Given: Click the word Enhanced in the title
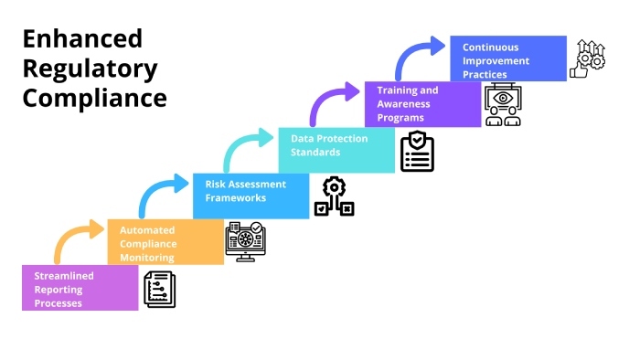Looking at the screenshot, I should (83, 38).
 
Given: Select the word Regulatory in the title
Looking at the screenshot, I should (91, 69).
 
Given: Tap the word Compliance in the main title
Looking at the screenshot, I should (95, 99).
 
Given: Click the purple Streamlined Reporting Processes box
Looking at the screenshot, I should (80, 288).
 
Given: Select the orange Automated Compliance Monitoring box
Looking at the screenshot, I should (165, 241).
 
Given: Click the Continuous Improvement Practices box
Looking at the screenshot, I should (508, 58).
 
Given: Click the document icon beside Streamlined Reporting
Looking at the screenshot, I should (159, 290).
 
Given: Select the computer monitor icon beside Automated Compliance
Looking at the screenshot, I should (244, 242).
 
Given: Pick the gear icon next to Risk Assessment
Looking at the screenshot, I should (334, 196).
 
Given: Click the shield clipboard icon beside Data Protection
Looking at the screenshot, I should (417, 152).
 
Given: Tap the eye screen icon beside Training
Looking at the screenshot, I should (503, 105).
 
